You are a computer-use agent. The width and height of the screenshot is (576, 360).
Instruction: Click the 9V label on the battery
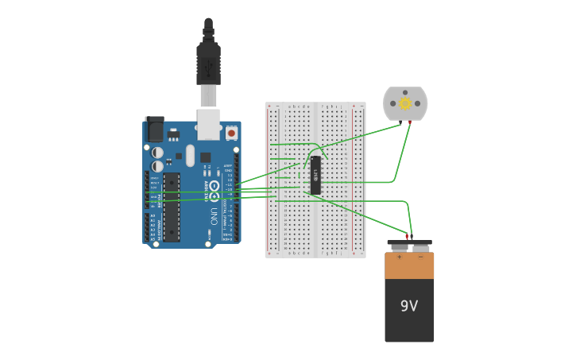(409, 306)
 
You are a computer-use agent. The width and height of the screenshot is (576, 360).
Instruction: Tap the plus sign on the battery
(399, 257)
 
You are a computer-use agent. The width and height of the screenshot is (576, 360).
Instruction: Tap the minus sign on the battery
(421, 257)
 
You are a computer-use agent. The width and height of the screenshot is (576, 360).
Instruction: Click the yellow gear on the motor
(405, 103)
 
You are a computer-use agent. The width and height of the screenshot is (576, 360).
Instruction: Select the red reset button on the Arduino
(231, 134)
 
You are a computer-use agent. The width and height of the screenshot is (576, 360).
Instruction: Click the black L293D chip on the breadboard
(315, 175)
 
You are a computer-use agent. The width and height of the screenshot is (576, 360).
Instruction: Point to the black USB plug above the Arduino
(208, 64)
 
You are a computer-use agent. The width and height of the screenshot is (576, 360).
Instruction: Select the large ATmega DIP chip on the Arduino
(172, 207)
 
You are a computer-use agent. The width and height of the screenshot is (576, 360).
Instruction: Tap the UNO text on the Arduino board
(214, 215)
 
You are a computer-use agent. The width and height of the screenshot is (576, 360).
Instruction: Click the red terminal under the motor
(409, 123)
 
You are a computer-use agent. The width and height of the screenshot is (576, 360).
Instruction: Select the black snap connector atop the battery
(409, 243)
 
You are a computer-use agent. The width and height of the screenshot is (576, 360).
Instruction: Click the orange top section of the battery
(409, 266)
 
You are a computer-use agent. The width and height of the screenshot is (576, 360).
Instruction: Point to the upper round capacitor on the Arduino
(158, 152)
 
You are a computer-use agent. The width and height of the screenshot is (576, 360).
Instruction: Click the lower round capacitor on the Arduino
(158, 166)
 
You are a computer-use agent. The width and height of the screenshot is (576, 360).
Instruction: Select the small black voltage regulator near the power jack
(173, 134)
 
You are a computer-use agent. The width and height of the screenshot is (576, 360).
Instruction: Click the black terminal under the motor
(402, 123)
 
